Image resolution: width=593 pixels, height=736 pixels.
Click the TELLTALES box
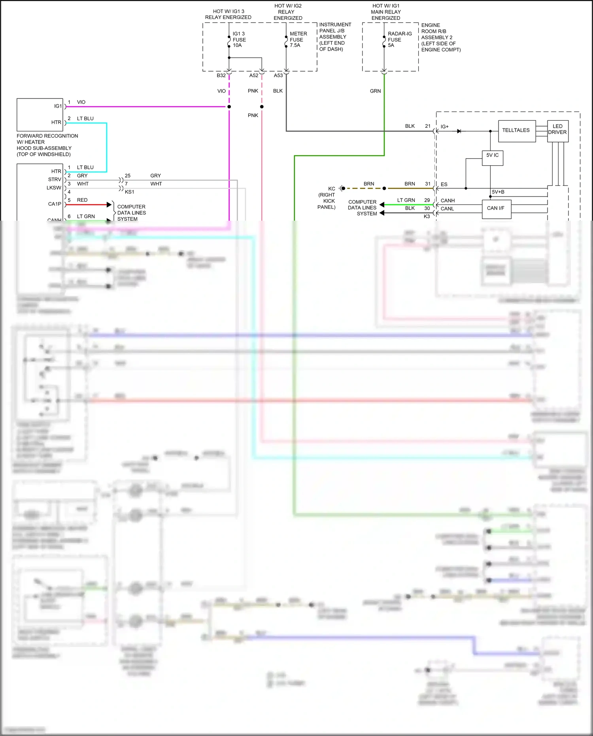click(x=517, y=131)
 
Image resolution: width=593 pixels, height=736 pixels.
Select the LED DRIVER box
click(x=557, y=130)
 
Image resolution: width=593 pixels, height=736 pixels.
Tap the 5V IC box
click(x=492, y=157)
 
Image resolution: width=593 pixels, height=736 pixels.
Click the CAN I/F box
click(x=496, y=209)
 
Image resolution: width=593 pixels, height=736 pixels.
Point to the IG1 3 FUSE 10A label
click(x=239, y=40)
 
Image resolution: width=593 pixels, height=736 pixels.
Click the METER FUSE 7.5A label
click(x=298, y=40)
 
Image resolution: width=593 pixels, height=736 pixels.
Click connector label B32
click(x=221, y=76)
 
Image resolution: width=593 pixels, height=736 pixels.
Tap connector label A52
click(x=254, y=76)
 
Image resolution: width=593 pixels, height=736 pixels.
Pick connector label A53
click(x=278, y=76)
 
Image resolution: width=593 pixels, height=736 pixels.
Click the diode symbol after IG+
click(x=459, y=131)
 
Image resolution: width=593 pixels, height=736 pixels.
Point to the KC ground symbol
click(x=342, y=189)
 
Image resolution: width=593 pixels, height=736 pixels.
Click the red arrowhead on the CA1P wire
click(x=110, y=204)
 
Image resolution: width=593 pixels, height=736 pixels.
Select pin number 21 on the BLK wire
click(x=428, y=126)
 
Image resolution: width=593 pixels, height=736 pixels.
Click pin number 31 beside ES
click(x=428, y=184)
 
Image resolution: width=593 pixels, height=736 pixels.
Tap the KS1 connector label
click(x=129, y=192)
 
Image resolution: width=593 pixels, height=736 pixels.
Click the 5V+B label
click(x=498, y=192)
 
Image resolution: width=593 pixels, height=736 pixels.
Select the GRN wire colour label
click(x=375, y=91)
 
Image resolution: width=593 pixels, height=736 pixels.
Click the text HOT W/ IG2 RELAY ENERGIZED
click(x=288, y=12)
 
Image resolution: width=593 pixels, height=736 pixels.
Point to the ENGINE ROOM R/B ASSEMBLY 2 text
click(x=440, y=38)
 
